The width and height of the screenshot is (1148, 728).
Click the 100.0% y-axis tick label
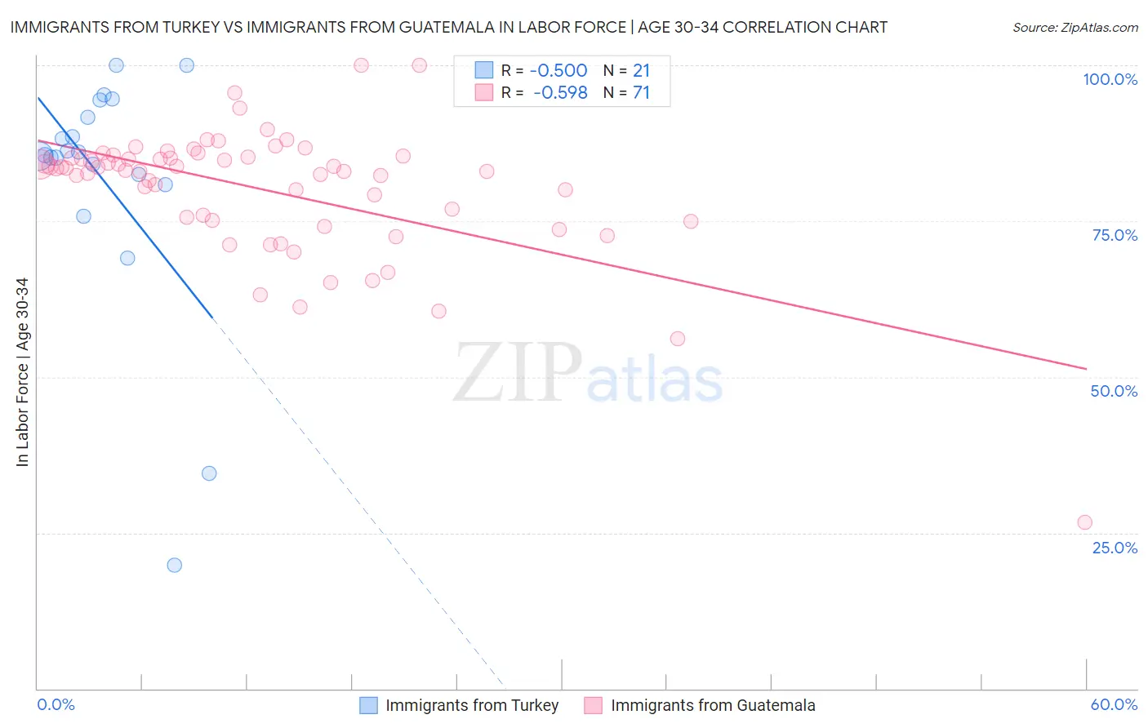click(x=1110, y=79)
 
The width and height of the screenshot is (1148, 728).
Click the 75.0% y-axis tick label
click(x=1115, y=235)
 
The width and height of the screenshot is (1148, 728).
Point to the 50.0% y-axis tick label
click(x=1114, y=391)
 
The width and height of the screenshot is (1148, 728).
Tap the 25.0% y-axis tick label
click(x=1115, y=548)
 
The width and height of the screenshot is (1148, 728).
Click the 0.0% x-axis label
click(x=56, y=705)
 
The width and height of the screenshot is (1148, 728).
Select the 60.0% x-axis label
click(x=1114, y=705)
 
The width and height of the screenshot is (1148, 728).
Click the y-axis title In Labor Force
click(x=22, y=372)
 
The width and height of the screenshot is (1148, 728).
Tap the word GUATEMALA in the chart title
click(x=438, y=27)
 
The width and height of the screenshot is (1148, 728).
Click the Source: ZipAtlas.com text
click(x=1075, y=27)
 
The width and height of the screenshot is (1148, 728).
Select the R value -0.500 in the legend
click(x=559, y=71)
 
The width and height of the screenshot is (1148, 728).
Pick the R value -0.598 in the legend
click(x=559, y=93)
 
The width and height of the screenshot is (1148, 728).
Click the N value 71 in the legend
click(x=641, y=93)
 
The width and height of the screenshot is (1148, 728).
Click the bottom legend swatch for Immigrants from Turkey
click(x=369, y=706)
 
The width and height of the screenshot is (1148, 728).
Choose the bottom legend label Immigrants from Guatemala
click(x=713, y=706)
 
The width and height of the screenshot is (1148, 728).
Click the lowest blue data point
click(x=174, y=565)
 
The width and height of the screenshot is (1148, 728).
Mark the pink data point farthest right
click(x=1084, y=522)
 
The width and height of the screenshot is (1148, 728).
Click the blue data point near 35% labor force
click(x=209, y=473)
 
